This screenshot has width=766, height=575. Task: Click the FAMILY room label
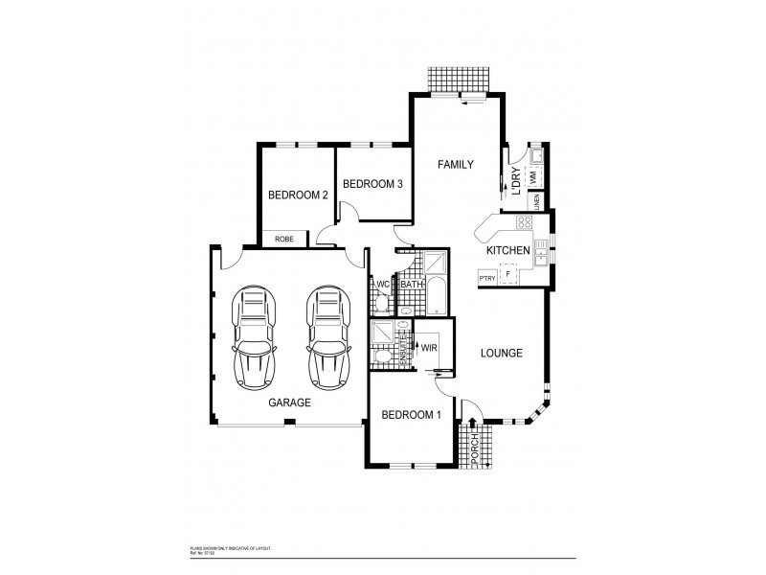click(456, 165)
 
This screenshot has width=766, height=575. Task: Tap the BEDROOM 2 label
click(298, 195)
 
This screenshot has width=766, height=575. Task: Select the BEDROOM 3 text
click(372, 184)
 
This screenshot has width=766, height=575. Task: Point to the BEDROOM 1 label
click(411, 415)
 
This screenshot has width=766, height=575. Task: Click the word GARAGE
click(289, 403)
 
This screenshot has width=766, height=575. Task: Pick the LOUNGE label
click(501, 354)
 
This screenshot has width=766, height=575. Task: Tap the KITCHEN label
click(508, 251)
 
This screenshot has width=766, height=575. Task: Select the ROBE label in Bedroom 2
click(284, 239)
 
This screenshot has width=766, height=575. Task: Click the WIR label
click(430, 349)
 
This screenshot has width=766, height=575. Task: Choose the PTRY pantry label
click(486, 277)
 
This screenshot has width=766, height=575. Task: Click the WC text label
click(381, 285)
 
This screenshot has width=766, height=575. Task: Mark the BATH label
click(412, 285)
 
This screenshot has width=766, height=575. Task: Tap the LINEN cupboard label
click(537, 201)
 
